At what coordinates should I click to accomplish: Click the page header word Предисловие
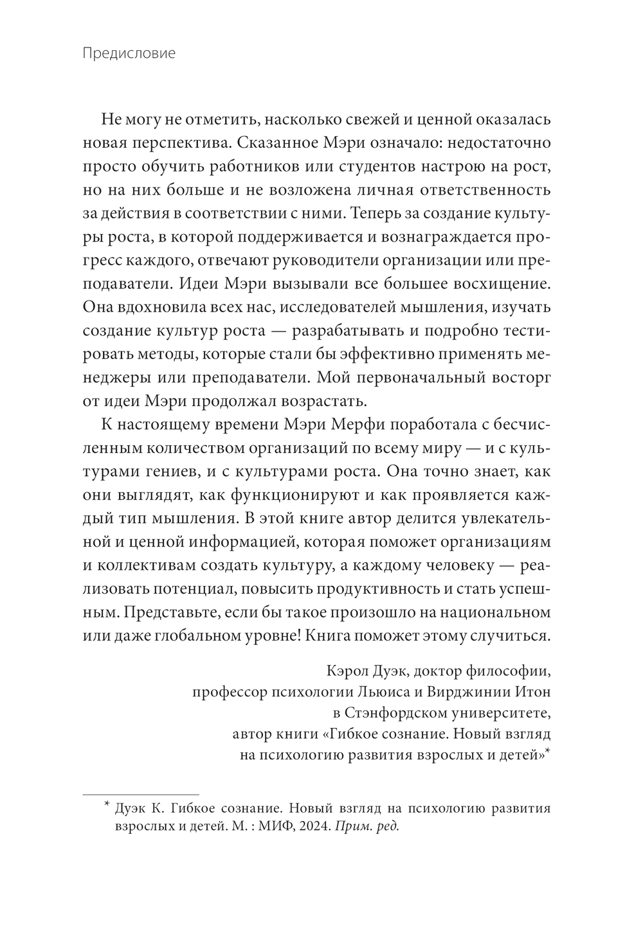(129, 53)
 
